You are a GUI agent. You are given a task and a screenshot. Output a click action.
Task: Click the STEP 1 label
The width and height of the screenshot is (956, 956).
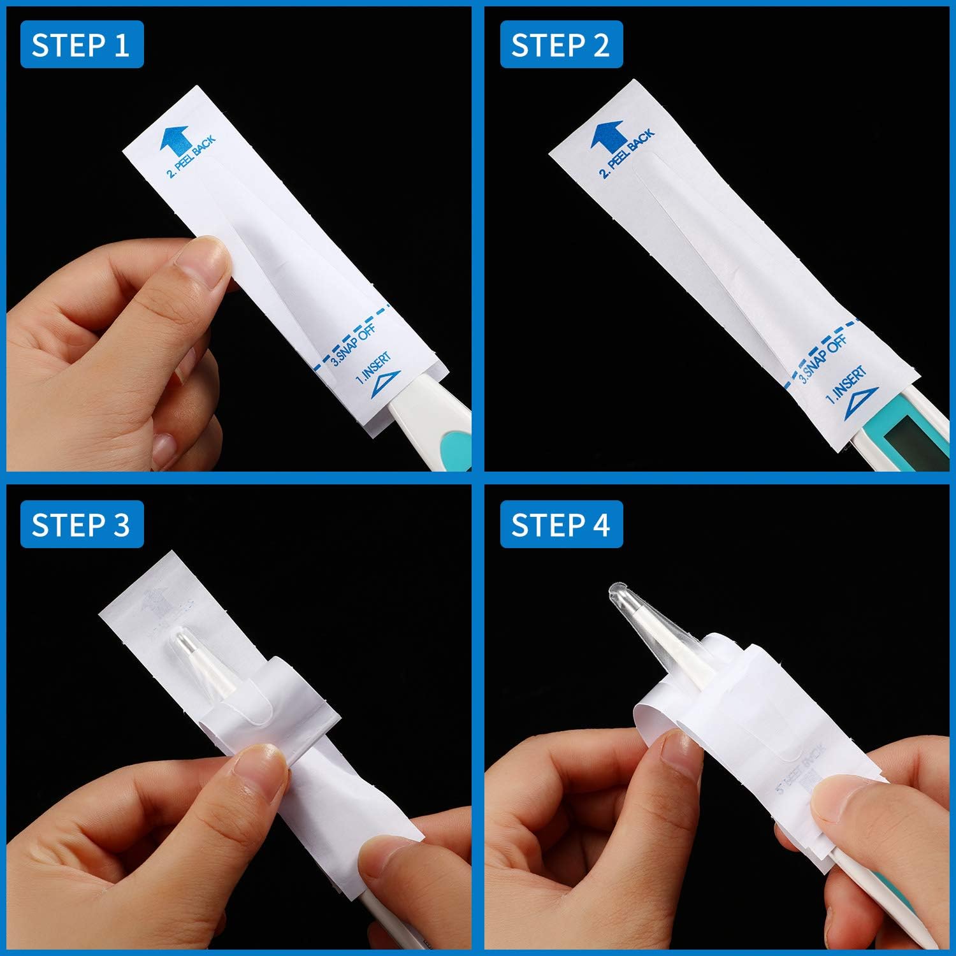click(82, 45)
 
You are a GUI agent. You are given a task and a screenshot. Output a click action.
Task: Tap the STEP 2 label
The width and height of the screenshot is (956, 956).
click(561, 45)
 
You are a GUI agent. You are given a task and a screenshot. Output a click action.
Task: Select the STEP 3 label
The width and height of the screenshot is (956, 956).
click(82, 525)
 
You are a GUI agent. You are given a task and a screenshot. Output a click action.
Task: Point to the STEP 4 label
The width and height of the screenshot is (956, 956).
click(561, 525)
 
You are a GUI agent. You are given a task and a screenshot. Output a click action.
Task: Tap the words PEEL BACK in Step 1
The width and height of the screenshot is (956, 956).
click(191, 157)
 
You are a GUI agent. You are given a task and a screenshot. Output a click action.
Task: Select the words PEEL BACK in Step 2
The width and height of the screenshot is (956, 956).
click(627, 153)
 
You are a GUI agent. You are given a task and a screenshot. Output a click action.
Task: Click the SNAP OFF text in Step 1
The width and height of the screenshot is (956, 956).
click(353, 345)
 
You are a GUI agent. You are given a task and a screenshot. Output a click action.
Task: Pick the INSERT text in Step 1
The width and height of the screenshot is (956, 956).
click(373, 369)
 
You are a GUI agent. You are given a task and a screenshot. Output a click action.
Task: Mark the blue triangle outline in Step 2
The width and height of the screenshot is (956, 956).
click(860, 404)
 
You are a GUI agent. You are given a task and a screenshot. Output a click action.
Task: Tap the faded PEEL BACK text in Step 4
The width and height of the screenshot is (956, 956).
click(800, 768)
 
